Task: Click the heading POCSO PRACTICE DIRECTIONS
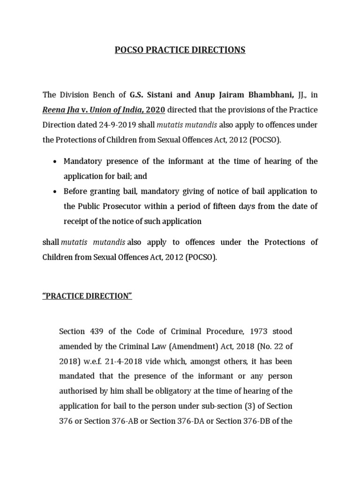pos(180,50)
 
